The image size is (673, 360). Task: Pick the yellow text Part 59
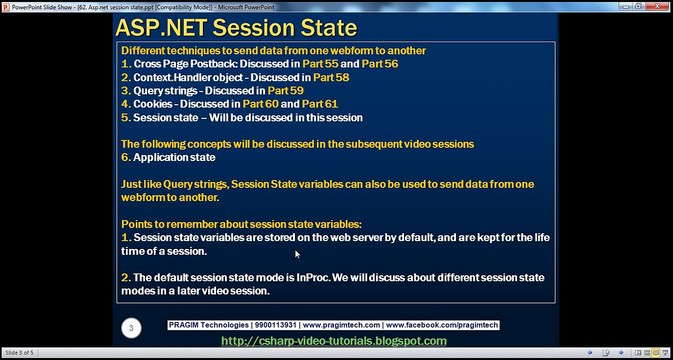pyautogui.click(x=286, y=89)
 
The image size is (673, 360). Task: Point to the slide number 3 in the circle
pyautogui.click(x=130, y=327)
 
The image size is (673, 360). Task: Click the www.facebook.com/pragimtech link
pyautogui.click(x=442, y=326)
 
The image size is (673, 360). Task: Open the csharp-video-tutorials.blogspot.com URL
pyautogui.click(x=333, y=342)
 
